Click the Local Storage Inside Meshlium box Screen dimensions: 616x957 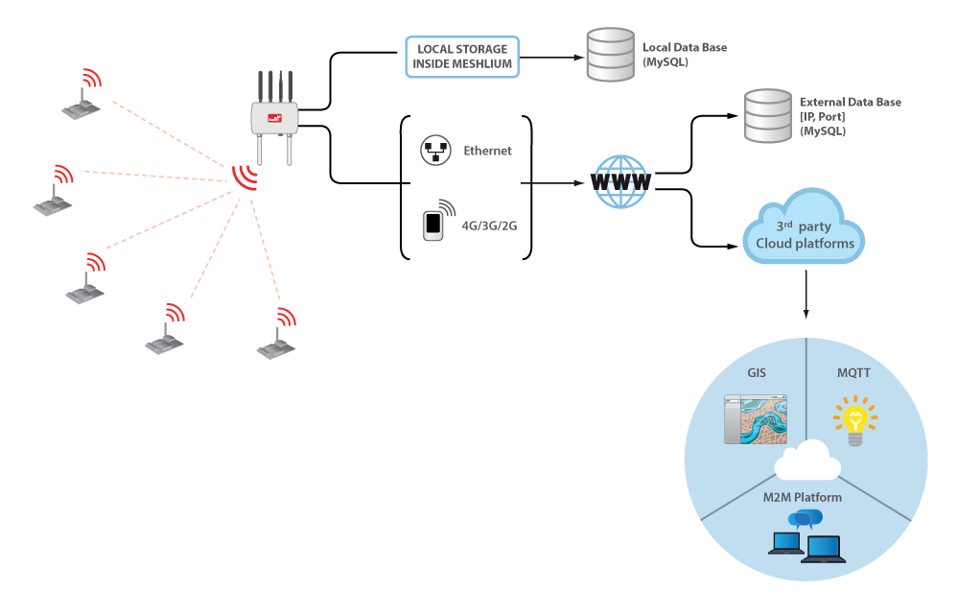(461, 57)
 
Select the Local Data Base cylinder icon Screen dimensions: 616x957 (610, 56)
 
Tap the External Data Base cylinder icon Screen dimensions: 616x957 (767, 115)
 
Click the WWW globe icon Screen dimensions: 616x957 (621, 180)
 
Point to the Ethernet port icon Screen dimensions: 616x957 (435, 151)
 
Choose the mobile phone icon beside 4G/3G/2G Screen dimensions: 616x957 (434, 224)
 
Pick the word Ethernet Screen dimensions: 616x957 (487, 151)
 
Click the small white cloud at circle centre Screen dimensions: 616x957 (805, 460)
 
